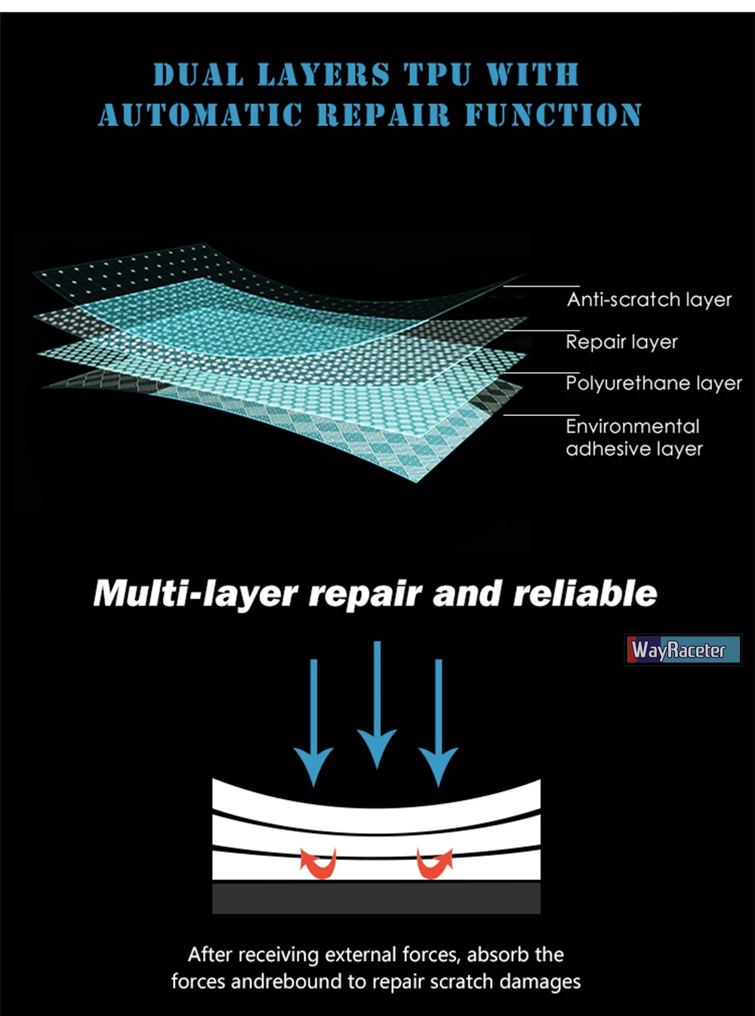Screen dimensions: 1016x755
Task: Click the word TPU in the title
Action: pos(438,75)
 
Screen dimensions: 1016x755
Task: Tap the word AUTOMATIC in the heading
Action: pos(200,115)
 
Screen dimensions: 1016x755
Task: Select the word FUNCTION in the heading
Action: pos(553,115)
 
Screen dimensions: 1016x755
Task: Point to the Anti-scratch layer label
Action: pos(649,300)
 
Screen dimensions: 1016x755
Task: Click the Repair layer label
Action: pos(621,342)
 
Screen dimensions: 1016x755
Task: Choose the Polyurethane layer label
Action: pos(654,383)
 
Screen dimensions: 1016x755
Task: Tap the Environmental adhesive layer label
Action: pos(633,438)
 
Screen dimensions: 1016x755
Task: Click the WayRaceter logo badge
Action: pos(683,650)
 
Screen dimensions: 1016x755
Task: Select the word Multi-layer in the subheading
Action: pos(196,594)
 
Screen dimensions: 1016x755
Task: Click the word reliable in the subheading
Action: pos(585,593)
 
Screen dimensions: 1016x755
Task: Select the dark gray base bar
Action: pos(376,898)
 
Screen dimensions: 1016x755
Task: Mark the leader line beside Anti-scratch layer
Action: pos(541,286)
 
